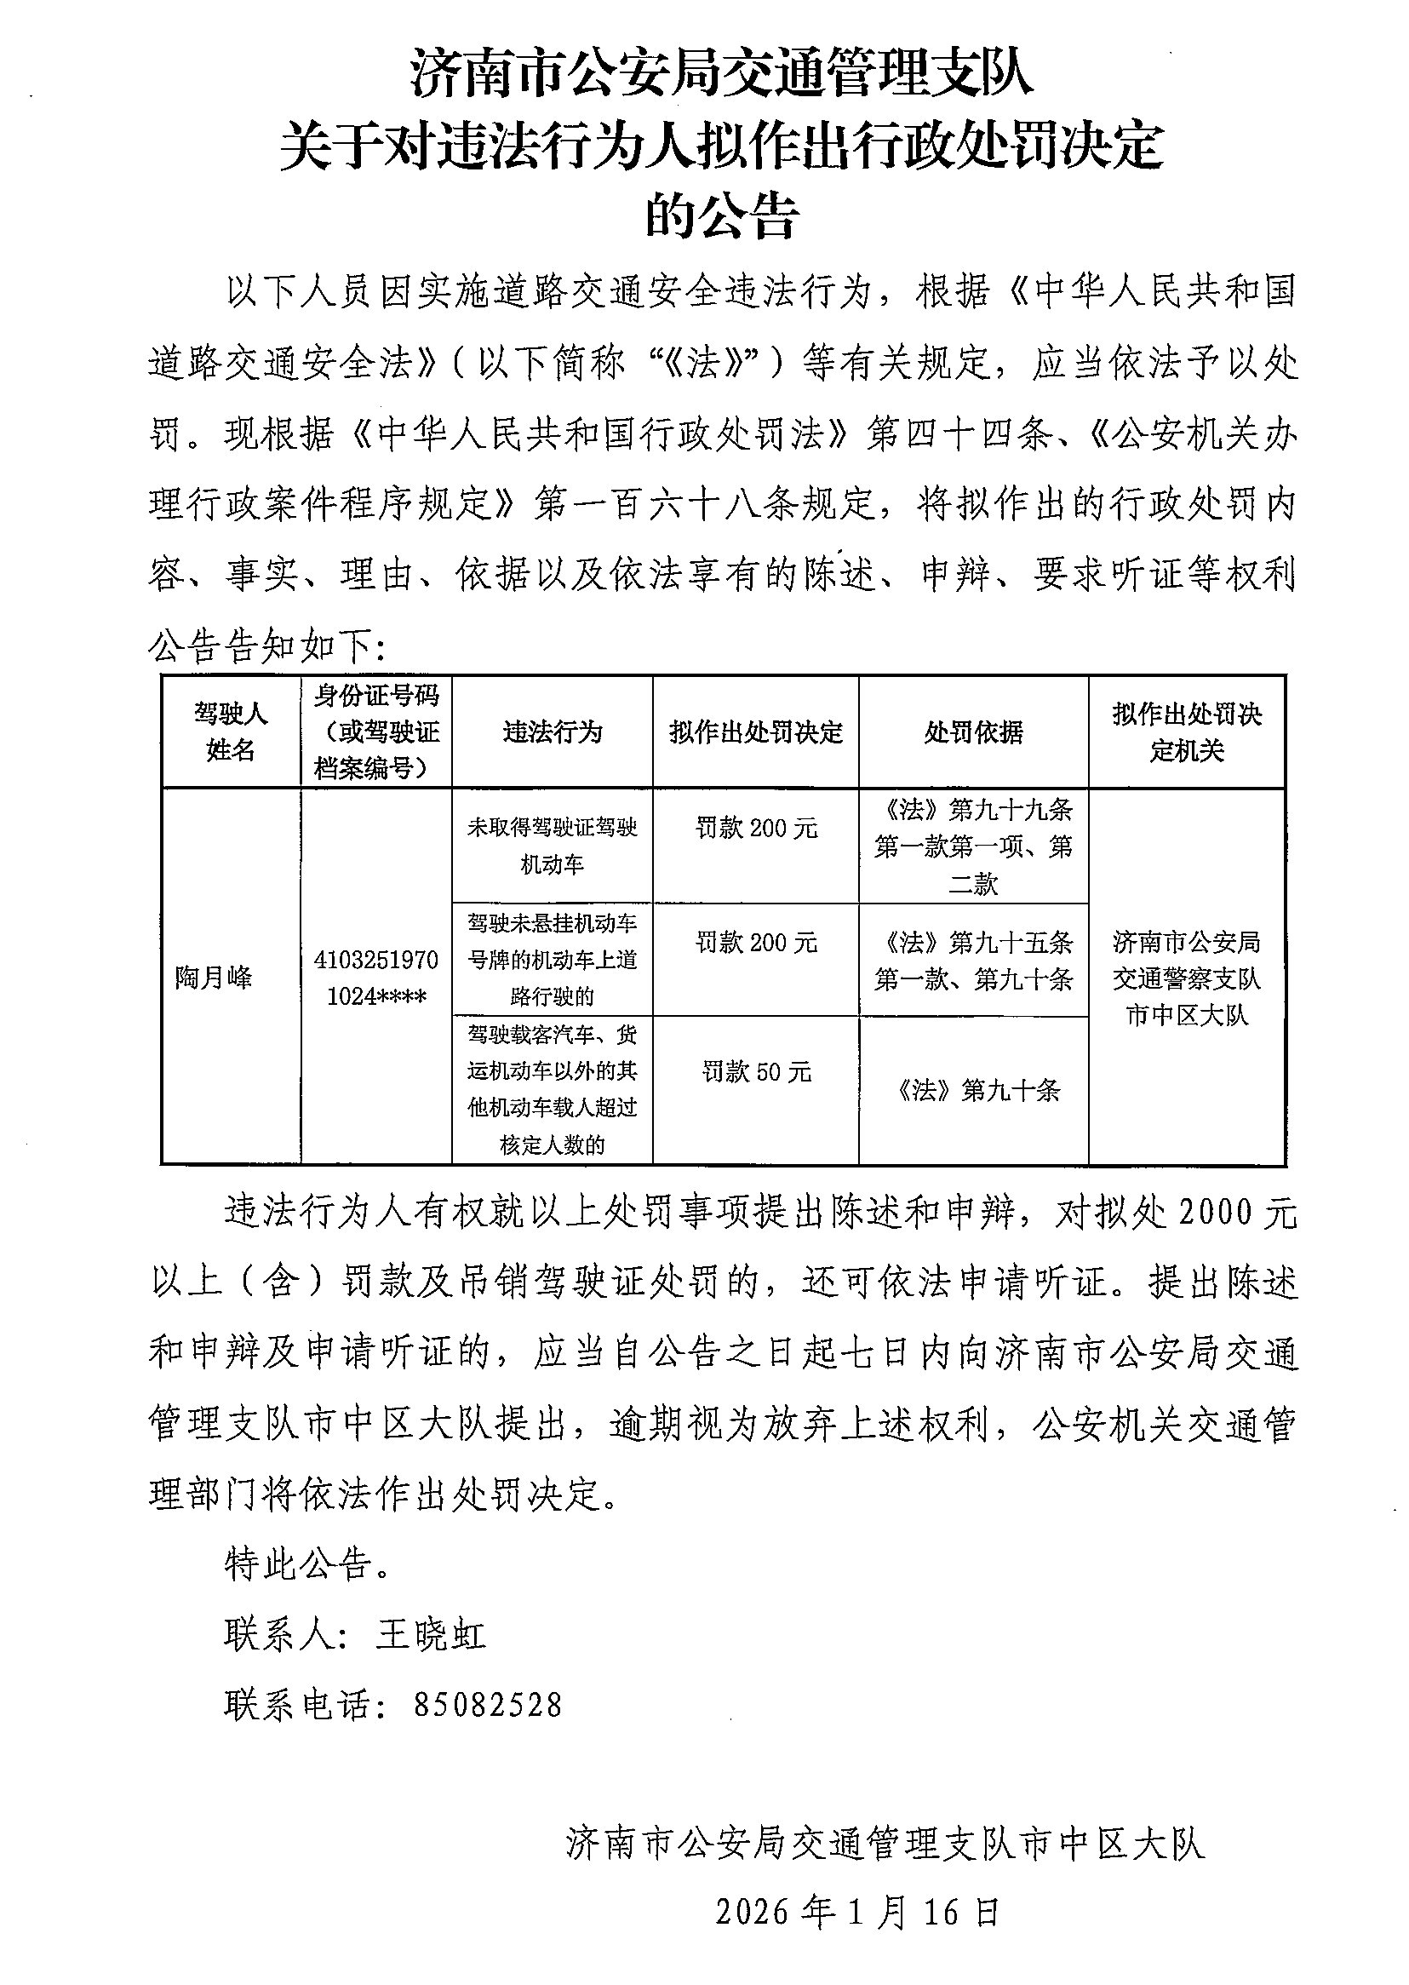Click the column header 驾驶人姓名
[230, 731]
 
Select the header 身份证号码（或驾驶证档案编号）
[376, 731]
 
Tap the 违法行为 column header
[552, 732]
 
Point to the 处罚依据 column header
[972, 732]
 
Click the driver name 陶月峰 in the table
[214, 978]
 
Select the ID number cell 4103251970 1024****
[376, 978]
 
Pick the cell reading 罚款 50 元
[756, 1072]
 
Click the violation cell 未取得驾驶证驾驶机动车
[552, 845]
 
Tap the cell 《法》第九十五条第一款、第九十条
[972, 961]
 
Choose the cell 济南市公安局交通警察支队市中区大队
[1186, 978]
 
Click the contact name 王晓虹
[430, 1634]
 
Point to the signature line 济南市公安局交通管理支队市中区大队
[885, 1843]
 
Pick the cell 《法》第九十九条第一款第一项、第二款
[972, 846]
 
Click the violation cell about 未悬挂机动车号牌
[552, 960]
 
